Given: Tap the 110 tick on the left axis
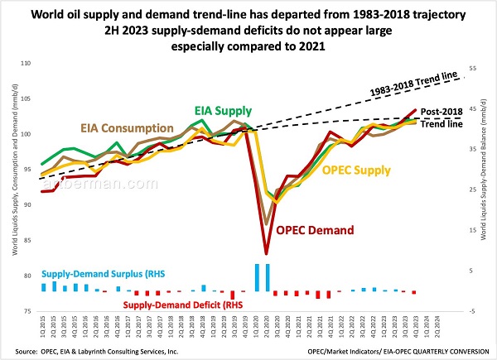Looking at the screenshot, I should click(x=27, y=64).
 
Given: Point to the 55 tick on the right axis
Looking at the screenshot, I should click(x=474, y=69).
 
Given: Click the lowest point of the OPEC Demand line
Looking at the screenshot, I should click(x=266, y=253).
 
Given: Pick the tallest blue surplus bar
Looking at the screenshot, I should click(x=257, y=276).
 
